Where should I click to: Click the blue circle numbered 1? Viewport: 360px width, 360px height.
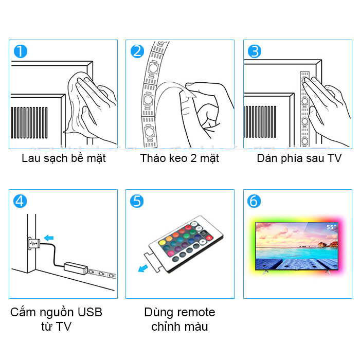click(x=21, y=51)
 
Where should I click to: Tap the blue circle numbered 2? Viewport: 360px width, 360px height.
click(x=137, y=51)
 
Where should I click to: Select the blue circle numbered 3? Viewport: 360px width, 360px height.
click(x=255, y=51)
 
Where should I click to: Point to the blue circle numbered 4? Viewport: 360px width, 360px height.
click(x=20, y=201)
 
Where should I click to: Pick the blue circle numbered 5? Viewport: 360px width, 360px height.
click(x=137, y=201)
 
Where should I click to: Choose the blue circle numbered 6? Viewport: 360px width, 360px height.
click(x=254, y=201)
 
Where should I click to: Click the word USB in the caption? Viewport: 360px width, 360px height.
click(x=90, y=312)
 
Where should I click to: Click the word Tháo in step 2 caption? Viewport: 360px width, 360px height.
click(x=152, y=158)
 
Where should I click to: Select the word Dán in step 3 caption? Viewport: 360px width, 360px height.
click(x=267, y=158)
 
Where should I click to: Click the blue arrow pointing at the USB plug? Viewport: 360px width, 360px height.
click(x=49, y=238)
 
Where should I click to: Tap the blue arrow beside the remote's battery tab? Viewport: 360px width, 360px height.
click(x=143, y=268)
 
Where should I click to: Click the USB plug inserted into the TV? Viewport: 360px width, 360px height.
click(x=34, y=243)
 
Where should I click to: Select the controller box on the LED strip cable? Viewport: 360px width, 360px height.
click(x=76, y=268)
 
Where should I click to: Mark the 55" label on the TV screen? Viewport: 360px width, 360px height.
click(x=331, y=227)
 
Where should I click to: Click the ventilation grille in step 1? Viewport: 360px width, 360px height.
click(x=29, y=122)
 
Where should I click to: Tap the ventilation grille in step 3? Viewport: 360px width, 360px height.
click(x=261, y=122)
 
